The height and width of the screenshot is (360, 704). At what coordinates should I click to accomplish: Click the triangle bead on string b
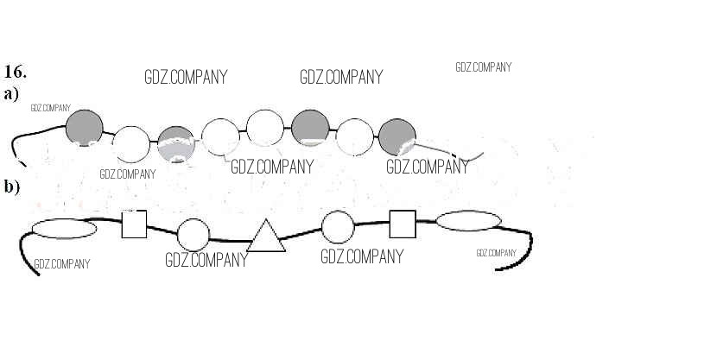[266, 237]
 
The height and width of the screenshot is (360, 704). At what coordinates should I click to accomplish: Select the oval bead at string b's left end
[64, 228]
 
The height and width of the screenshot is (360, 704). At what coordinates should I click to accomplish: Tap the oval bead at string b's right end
[468, 221]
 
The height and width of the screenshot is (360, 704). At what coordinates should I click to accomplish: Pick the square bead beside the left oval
[134, 224]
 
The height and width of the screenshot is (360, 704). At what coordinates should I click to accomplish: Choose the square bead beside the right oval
[403, 224]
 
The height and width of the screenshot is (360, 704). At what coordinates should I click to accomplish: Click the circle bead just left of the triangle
[193, 235]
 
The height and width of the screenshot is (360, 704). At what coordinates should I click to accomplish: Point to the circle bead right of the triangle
[338, 227]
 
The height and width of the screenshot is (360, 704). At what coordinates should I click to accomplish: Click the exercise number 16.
[16, 72]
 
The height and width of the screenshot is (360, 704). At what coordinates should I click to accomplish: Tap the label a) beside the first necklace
[11, 94]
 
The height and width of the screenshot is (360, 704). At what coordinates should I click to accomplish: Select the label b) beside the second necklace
[11, 186]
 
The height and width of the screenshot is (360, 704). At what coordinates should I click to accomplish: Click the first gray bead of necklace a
[84, 128]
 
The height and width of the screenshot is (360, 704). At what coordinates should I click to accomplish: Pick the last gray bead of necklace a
[396, 136]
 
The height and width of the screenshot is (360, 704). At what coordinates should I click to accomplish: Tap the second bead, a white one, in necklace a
[131, 144]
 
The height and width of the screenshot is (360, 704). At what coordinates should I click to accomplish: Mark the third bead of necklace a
[176, 144]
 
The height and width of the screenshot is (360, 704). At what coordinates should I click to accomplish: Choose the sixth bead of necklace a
[310, 128]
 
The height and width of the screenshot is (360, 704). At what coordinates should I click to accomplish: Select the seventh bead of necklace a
[354, 136]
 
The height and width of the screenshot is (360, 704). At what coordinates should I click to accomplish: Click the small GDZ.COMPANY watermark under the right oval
[497, 253]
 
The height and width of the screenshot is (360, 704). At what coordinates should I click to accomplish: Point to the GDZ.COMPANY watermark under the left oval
[61, 264]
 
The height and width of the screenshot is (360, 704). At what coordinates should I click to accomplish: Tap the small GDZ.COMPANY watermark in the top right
[483, 67]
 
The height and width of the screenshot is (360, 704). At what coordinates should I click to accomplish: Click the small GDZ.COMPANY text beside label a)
[49, 109]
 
